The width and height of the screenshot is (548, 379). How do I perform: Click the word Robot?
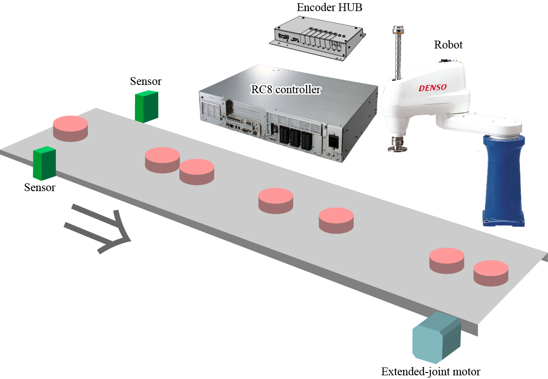tap(448, 45)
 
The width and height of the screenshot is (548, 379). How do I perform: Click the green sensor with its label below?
tap(44, 163)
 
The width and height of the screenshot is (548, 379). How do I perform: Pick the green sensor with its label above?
tap(146, 106)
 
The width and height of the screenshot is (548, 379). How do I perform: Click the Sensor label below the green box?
tap(39, 188)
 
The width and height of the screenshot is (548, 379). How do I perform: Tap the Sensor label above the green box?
tap(146, 82)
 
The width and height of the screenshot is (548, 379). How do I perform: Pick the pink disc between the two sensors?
tap(70, 128)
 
